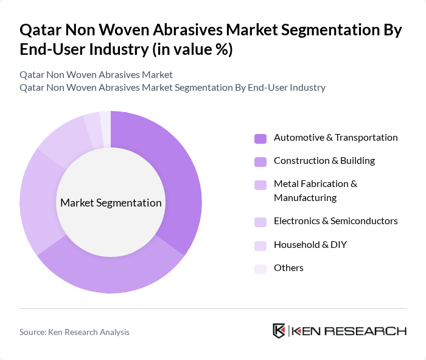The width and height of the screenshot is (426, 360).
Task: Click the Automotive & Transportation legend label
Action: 335,138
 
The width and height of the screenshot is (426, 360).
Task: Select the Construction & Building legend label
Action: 324,161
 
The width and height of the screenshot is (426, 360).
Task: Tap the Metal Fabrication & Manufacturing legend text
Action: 315,191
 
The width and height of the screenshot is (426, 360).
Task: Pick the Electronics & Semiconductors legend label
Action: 335,221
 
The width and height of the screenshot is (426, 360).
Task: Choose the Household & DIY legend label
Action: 310,244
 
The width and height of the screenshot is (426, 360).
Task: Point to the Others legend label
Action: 288,267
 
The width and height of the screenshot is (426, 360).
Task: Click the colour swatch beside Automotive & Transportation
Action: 260,138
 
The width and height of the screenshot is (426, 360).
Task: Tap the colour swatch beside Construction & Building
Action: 260,161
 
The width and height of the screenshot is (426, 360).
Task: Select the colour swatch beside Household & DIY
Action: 260,245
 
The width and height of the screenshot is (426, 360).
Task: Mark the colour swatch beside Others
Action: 260,268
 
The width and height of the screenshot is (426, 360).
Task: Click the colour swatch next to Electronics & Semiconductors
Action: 260,221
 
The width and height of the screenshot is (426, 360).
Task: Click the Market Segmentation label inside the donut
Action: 111,203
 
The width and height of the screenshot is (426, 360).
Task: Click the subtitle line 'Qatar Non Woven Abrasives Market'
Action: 96,74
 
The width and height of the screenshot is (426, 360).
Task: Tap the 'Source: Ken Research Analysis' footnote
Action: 74,332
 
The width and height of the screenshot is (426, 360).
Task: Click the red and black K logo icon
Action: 279,331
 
